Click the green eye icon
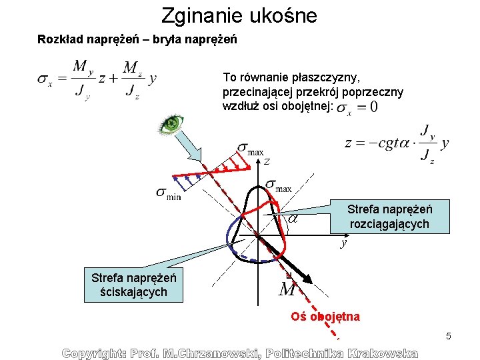coord(171,123)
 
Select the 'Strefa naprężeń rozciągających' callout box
coord(389,217)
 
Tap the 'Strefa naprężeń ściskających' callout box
coord(133,285)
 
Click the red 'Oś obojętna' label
coord(325,317)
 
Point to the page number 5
coord(449,335)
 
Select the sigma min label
coord(169,193)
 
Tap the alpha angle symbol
coord(292,217)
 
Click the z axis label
coord(266,161)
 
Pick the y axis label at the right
coord(343,243)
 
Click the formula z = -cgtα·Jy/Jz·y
coord(396,143)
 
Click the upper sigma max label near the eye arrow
coord(250,150)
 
